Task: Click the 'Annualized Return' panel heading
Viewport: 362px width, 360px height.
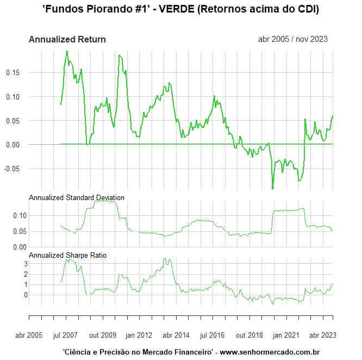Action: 67,39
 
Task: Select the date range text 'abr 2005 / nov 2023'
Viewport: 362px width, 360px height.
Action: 294,39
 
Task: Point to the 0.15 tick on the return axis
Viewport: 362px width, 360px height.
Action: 13,72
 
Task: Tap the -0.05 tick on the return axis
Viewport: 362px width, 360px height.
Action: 12,169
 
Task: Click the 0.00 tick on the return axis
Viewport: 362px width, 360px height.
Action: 13,145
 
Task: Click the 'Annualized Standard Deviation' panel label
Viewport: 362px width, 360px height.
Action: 77,197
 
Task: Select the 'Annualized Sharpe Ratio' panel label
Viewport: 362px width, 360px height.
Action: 67,255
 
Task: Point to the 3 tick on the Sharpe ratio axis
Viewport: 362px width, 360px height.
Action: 17,264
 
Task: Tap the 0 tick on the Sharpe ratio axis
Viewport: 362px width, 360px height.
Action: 17,295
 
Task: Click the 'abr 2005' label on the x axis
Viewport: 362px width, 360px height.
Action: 28,335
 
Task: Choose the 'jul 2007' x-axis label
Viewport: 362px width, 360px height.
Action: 66,335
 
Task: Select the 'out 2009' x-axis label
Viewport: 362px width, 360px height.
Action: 103,335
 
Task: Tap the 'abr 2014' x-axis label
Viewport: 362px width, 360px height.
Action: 176,335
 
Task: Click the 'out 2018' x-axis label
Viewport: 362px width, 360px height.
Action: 248,335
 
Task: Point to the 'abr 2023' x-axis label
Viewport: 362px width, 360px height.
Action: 322,335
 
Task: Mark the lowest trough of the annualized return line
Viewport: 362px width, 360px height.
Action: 273,189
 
